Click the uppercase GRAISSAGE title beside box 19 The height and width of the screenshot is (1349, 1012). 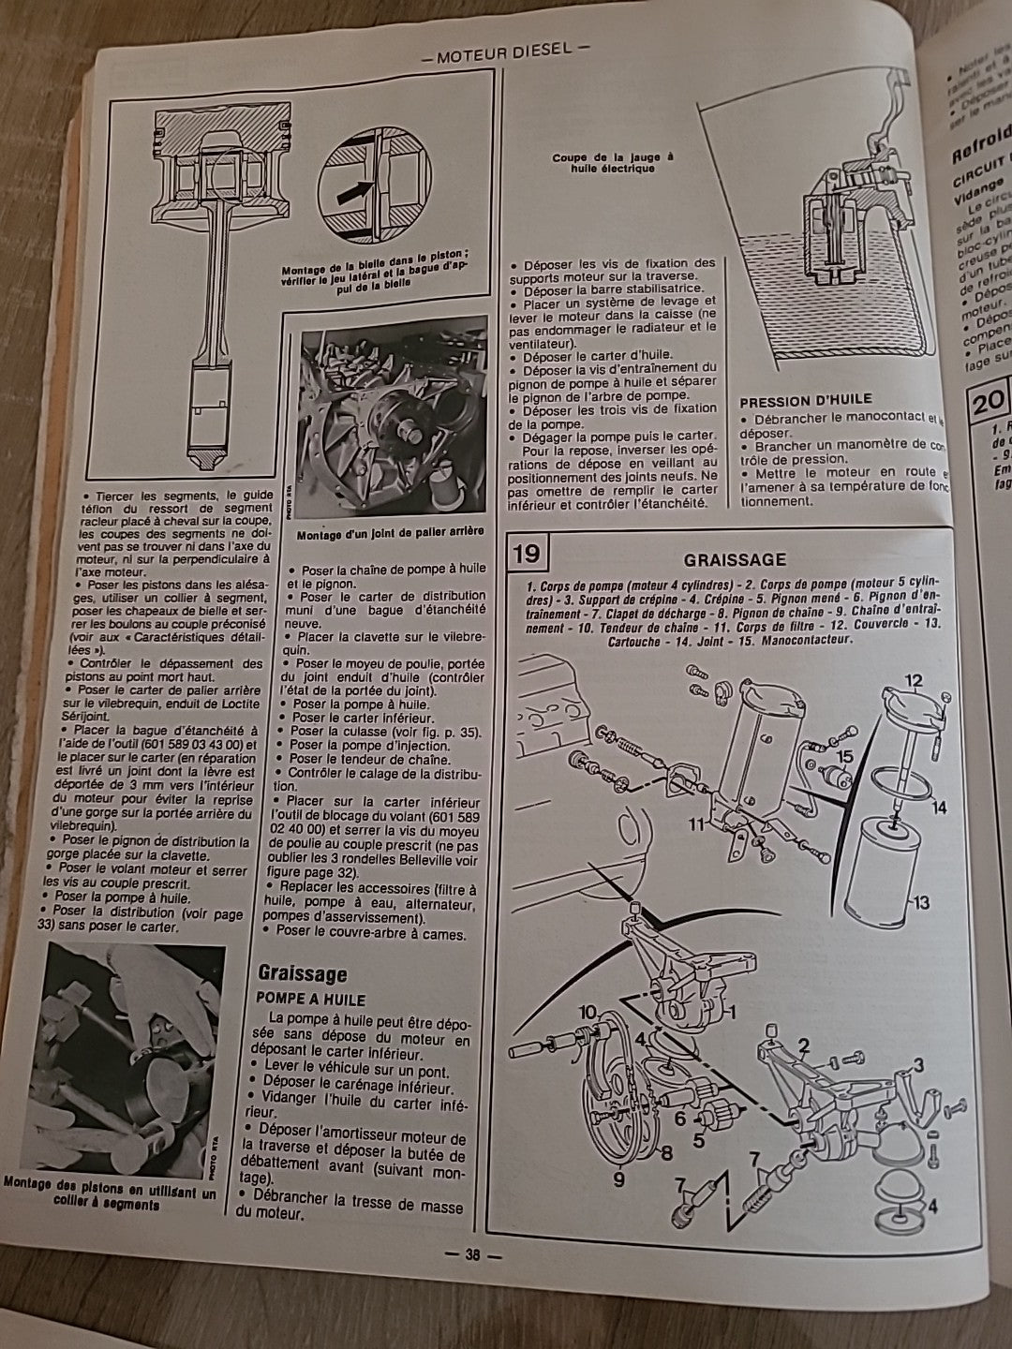click(x=734, y=559)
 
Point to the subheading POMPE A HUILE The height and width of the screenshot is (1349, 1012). click(x=310, y=999)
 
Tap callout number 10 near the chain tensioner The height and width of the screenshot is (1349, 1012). click(x=588, y=1012)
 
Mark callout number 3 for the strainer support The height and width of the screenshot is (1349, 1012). click(x=918, y=1064)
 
